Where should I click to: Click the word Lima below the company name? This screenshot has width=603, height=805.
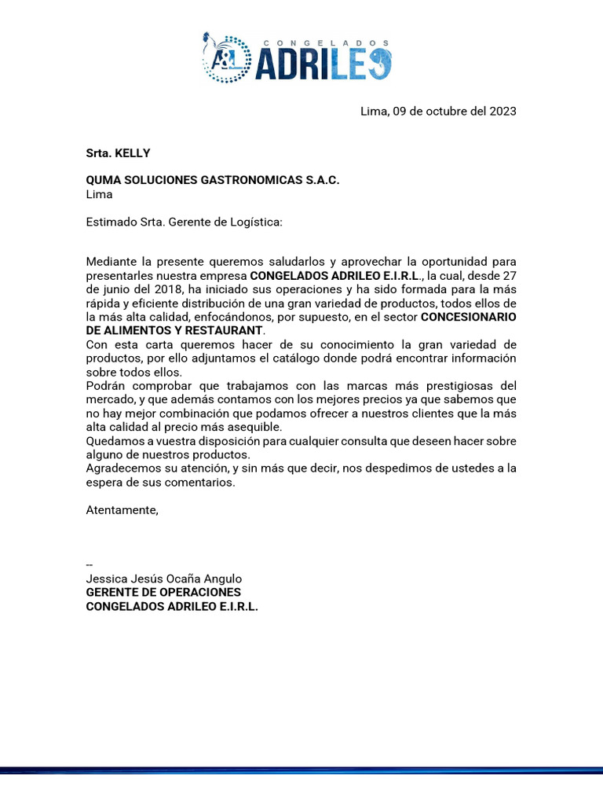99,194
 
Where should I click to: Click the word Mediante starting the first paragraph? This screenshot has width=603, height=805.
110,261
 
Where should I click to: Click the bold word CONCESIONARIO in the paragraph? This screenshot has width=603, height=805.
469,317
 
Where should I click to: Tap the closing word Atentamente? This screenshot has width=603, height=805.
122,510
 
